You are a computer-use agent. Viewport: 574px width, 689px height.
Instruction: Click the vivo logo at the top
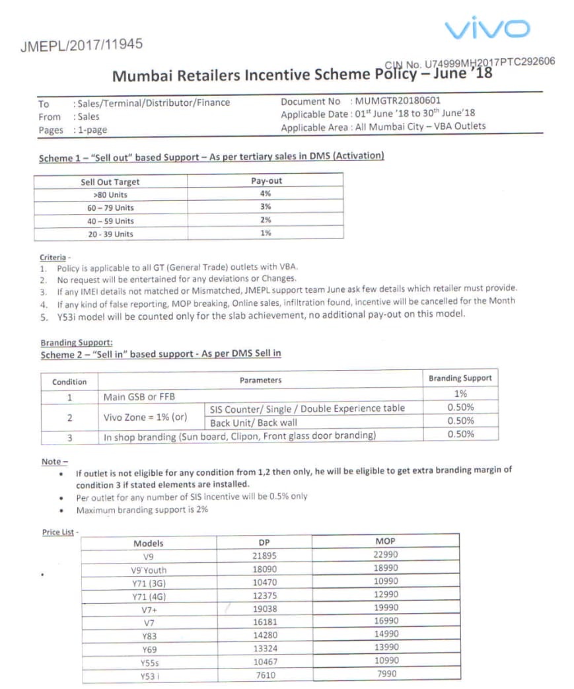click(x=487, y=29)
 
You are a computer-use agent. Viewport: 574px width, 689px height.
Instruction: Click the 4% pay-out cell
click(x=266, y=194)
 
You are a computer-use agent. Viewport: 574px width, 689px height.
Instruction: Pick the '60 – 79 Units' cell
click(x=110, y=207)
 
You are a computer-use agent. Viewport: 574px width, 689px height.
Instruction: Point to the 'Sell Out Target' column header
click(x=110, y=182)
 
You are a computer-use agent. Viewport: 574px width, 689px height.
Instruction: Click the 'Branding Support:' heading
click(x=77, y=343)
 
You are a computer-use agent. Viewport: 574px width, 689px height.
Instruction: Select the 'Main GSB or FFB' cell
click(x=139, y=396)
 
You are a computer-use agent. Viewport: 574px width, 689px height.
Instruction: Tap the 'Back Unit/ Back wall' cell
click(x=254, y=423)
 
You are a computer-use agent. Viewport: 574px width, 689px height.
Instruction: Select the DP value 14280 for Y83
click(x=264, y=635)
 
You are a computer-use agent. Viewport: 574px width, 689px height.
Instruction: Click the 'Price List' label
click(x=58, y=532)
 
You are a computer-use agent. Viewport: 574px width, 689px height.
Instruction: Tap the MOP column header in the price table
click(x=385, y=542)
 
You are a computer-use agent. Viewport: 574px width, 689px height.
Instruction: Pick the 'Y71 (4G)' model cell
click(x=149, y=596)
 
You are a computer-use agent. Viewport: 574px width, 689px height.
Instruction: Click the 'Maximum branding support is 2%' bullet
click(x=142, y=510)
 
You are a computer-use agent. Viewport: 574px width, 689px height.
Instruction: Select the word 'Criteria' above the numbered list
click(x=53, y=257)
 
